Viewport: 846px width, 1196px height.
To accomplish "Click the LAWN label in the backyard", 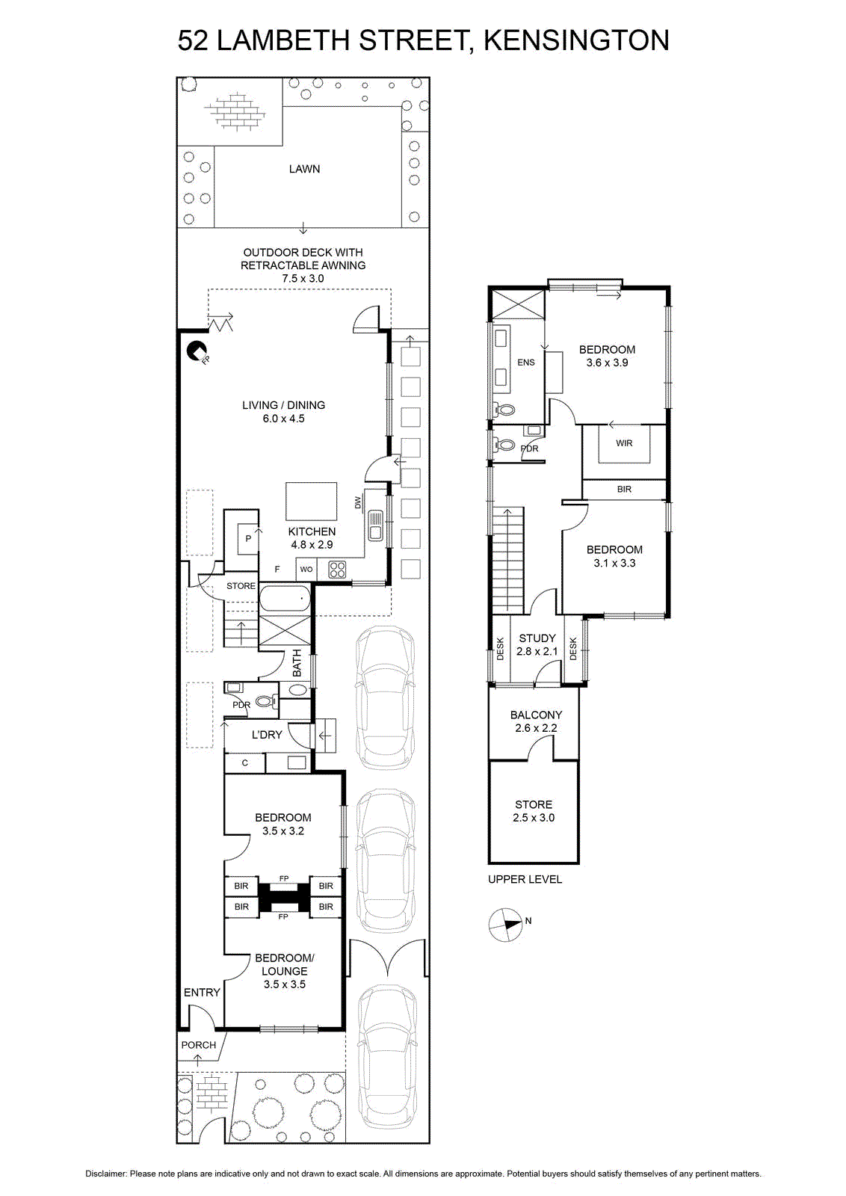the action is [304, 169].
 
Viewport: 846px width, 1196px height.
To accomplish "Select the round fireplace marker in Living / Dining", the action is [197, 351].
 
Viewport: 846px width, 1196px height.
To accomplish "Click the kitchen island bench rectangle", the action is [311, 501].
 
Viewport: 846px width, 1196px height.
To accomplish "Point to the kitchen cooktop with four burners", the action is [337, 569].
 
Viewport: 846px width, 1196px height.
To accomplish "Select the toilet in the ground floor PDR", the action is [266, 700].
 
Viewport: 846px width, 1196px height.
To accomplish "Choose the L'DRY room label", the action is [267, 735].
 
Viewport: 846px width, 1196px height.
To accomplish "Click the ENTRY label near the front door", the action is [202, 992].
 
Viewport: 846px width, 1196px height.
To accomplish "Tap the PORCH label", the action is [199, 1045].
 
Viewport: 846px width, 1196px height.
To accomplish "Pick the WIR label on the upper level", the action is [624, 443].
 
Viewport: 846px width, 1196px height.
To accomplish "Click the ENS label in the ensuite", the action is [525, 362].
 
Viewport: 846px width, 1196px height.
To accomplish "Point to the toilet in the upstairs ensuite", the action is [505, 410].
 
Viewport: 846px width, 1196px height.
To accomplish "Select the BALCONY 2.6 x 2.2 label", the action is [536, 721].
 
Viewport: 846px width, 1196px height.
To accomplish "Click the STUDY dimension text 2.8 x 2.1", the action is [537, 651].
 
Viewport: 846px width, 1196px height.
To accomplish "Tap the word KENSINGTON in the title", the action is [576, 40].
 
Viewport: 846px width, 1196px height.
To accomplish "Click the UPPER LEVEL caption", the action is [525, 879].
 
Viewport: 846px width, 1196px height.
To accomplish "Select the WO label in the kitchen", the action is [306, 569].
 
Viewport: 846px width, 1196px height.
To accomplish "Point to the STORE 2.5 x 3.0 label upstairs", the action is [534, 810].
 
